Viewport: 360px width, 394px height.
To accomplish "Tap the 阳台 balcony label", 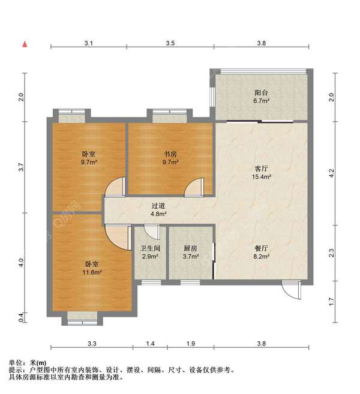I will pyautogui.click(x=261, y=93).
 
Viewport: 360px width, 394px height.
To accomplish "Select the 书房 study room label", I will pyautogui.click(x=170, y=154).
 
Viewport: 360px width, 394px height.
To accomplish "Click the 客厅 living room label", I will pyautogui.click(x=261, y=169).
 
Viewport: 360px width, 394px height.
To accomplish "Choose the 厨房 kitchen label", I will pyautogui.click(x=190, y=248).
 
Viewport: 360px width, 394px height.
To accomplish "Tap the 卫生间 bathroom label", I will pyautogui.click(x=150, y=248).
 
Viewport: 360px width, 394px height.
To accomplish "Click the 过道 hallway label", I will pyautogui.click(x=158, y=206).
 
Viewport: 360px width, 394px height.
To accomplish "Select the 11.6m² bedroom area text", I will pyautogui.click(x=92, y=272).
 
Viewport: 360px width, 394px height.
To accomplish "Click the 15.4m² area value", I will pyautogui.click(x=261, y=177).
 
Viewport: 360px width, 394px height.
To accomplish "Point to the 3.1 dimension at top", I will pyautogui.click(x=88, y=44).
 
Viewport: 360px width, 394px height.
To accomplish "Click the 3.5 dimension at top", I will pyautogui.click(x=170, y=44).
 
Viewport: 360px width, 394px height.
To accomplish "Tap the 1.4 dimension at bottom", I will pyautogui.click(x=150, y=344).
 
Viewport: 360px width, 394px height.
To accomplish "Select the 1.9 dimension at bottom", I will pyautogui.click(x=191, y=344).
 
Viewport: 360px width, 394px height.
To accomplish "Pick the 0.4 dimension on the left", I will pyautogui.click(x=22, y=316).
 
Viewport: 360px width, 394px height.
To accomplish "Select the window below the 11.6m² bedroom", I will pyautogui.click(x=78, y=322).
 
